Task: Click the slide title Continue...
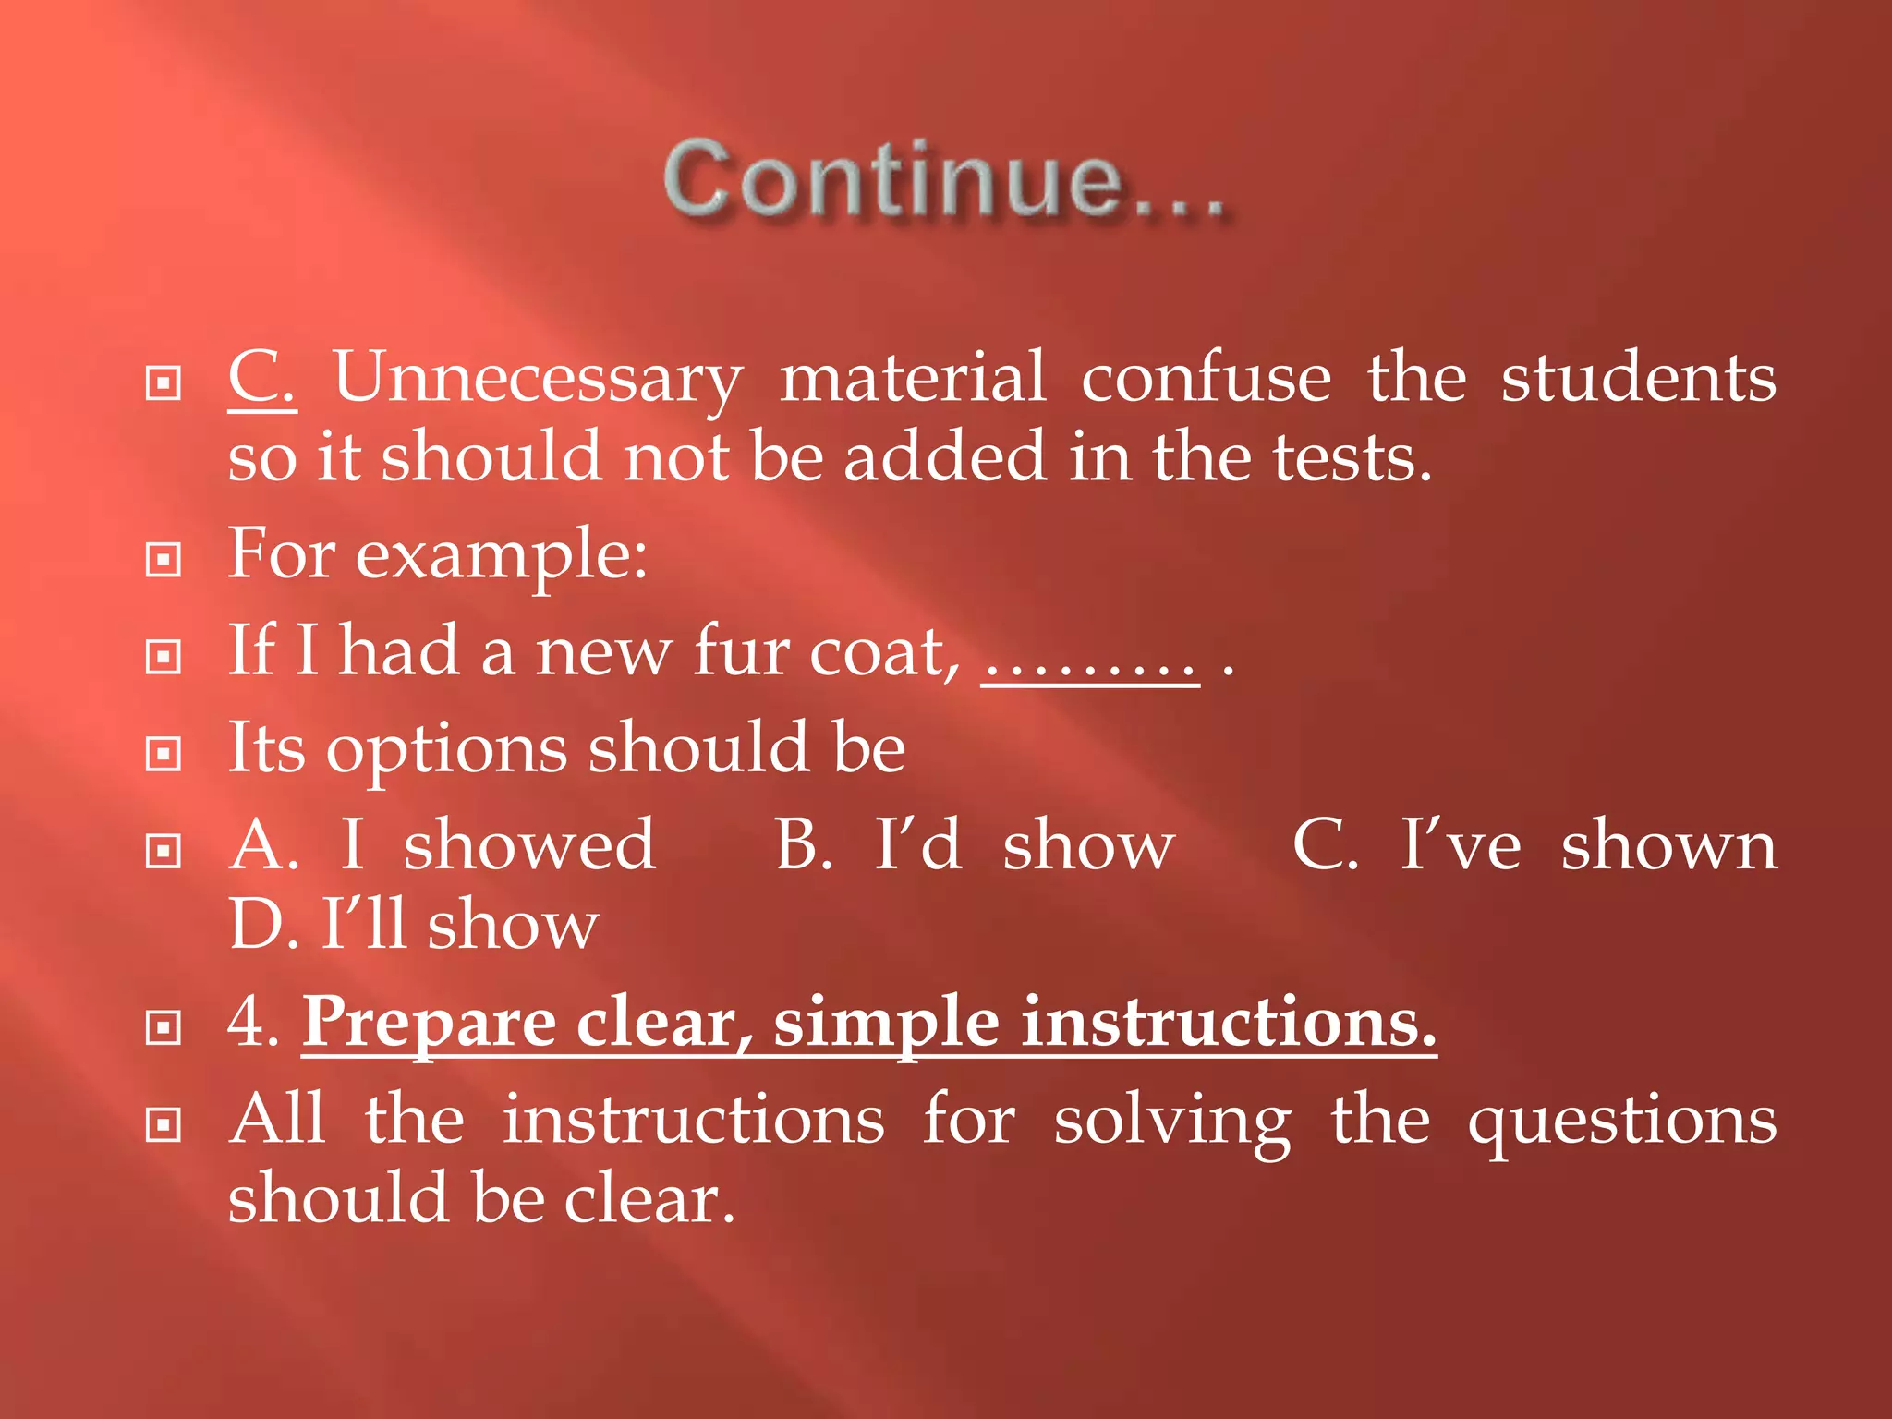click(944, 179)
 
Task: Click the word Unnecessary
click(537, 379)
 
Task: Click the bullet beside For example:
click(164, 559)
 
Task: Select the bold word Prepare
click(429, 1024)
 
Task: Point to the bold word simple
click(886, 1024)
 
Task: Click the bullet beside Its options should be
click(164, 754)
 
